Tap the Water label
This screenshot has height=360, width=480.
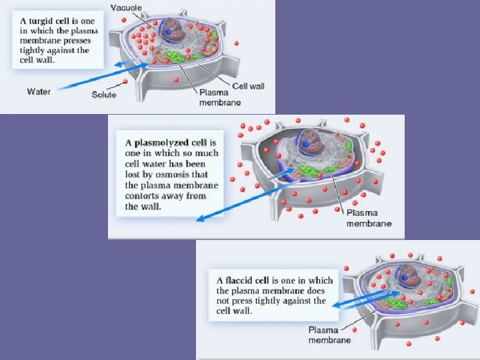tap(38, 91)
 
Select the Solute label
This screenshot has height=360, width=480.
tap(104, 95)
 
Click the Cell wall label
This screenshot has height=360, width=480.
tap(248, 86)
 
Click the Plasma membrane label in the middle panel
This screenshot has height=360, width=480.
tap(368, 218)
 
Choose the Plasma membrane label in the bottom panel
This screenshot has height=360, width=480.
tap(329, 335)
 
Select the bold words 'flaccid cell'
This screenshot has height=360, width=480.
tap(254, 280)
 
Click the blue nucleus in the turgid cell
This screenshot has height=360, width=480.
tap(170, 31)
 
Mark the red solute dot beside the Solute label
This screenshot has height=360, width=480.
tap(125, 83)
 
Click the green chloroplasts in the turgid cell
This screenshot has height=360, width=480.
tap(175, 55)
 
